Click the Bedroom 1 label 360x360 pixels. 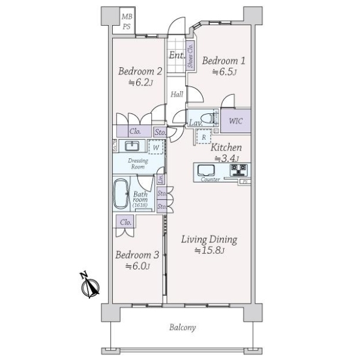coord(223,60)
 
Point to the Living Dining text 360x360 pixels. coord(209,239)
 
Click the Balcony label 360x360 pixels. coord(182,328)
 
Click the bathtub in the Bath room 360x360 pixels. coord(122,194)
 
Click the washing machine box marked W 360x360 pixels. coord(155,147)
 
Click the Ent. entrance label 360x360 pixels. coord(176,55)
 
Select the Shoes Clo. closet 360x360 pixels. coord(191,56)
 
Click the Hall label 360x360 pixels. coord(176,94)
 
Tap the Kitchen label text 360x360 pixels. coord(226,148)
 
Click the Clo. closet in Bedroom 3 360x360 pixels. coord(125,222)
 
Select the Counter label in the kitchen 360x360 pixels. coord(211,179)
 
